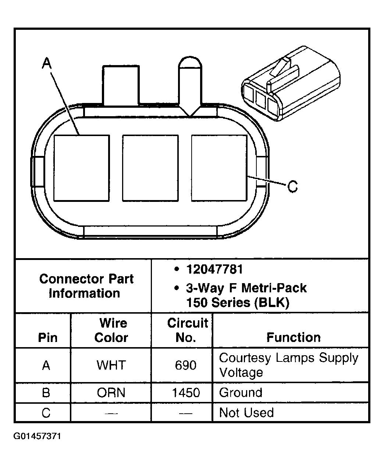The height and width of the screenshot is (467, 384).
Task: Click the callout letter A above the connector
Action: point(46,64)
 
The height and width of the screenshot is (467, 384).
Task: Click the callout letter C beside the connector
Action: point(292,187)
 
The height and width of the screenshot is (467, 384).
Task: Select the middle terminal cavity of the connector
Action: point(150,168)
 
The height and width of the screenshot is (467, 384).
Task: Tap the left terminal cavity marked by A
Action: point(82,168)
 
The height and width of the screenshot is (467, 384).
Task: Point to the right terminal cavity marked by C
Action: point(219,168)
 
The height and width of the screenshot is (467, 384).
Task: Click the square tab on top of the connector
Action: point(121,85)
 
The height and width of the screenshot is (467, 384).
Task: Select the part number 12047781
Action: point(214,270)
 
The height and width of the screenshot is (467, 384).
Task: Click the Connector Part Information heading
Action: point(86,286)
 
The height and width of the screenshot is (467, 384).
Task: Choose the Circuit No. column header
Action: point(187,330)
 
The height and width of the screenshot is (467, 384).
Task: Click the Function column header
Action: point(293,337)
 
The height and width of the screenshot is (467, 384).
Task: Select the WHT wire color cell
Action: point(111,365)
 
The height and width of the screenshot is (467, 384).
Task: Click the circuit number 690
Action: point(186,365)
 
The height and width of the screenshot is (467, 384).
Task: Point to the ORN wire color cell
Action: point(111,393)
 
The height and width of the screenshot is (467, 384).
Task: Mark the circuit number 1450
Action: point(186,393)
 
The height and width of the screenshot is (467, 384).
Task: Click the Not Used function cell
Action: point(246,413)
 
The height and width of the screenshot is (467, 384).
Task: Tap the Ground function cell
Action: point(241,393)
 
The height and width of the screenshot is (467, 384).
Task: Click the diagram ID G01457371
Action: point(37,436)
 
